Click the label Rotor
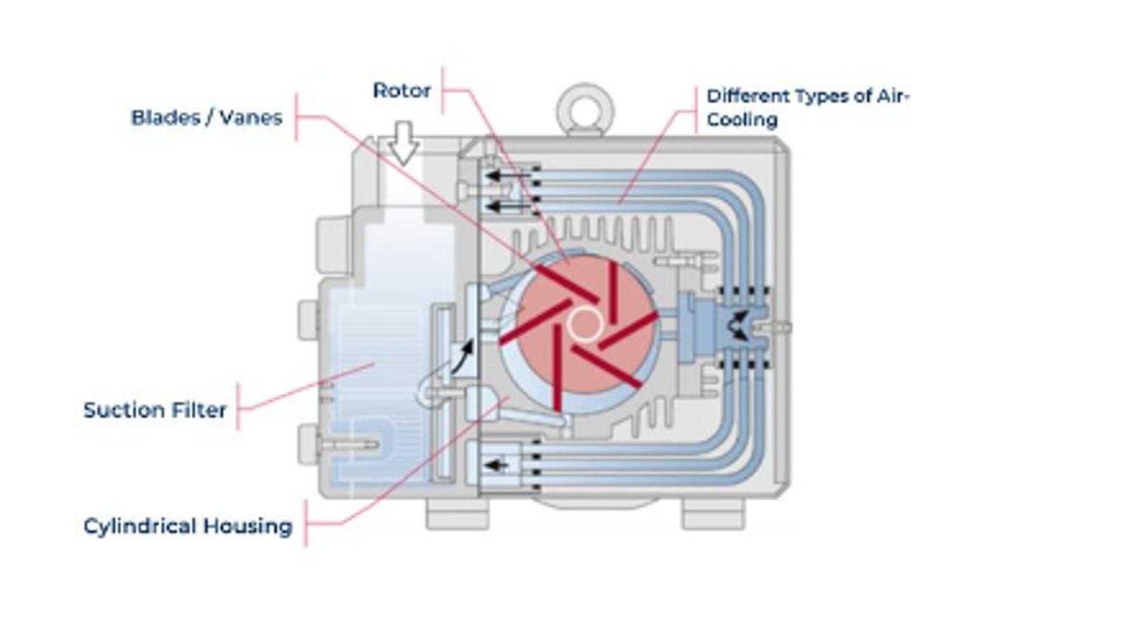point(401,91)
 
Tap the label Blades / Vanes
point(206,117)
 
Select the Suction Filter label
point(155,410)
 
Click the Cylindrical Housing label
point(188,526)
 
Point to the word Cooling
point(742,120)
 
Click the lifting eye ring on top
point(586,110)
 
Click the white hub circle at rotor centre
point(584,324)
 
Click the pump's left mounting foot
point(457,515)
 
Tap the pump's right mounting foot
point(713,515)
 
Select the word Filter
point(203,410)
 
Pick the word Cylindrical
point(140,526)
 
